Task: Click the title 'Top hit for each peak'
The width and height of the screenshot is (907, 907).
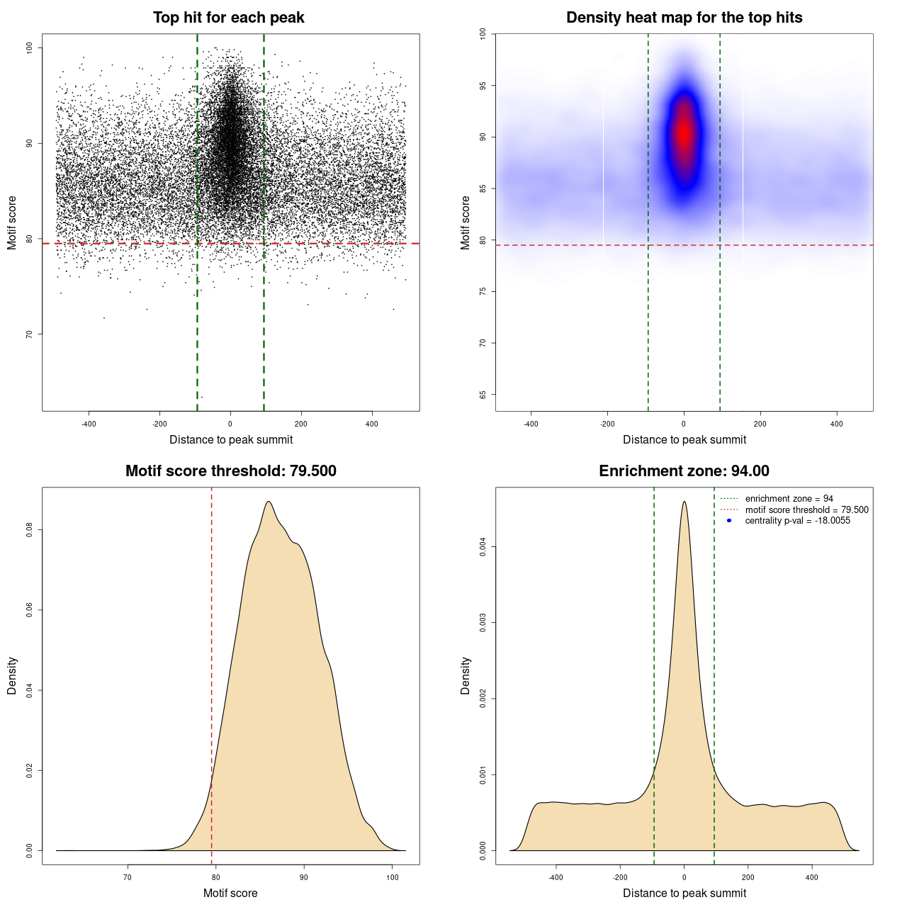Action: click(x=228, y=18)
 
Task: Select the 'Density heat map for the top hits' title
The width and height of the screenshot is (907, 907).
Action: click(x=684, y=18)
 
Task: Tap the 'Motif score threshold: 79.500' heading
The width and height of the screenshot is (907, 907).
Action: click(x=230, y=471)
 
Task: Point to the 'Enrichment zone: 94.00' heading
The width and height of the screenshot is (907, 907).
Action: click(x=684, y=471)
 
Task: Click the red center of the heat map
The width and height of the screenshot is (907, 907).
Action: click(x=684, y=133)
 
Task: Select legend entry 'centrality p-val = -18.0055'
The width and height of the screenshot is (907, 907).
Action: click(x=797, y=521)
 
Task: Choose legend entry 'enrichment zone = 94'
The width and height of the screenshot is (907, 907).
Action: click(x=789, y=499)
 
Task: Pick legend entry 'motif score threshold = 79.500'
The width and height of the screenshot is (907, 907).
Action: click(x=806, y=509)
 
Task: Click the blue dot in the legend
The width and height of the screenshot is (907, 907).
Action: click(x=729, y=521)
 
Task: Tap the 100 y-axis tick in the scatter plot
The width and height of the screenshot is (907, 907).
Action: click(x=29, y=47)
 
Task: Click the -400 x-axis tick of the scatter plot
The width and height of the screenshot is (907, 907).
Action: click(x=89, y=424)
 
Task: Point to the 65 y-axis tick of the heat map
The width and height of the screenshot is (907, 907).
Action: click(x=483, y=394)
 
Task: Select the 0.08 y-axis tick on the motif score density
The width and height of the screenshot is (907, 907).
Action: click(x=29, y=529)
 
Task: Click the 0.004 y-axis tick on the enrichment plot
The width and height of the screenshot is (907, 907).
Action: click(x=483, y=546)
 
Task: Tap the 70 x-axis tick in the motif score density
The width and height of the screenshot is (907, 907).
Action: click(x=128, y=877)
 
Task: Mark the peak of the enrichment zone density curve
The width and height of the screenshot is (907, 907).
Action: click(x=684, y=502)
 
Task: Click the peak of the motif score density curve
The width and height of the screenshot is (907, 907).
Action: click(x=269, y=502)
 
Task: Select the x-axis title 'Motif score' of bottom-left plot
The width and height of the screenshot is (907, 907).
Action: click(x=230, y=893)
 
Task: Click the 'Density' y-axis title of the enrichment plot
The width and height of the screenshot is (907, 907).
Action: click(x=466, y=675)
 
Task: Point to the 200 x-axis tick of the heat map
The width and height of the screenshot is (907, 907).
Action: click(x=760, y=424)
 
